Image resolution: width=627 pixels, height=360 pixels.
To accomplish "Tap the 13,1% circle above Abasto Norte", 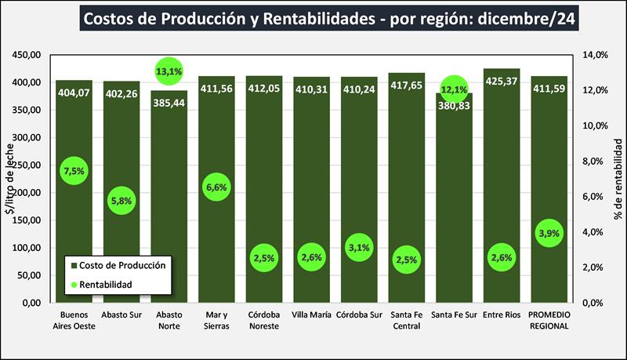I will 169,72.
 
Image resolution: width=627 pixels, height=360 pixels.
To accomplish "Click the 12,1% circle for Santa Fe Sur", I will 455,89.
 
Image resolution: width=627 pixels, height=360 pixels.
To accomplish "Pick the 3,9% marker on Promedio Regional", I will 549,234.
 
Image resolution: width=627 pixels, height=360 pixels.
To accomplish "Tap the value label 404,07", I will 74,92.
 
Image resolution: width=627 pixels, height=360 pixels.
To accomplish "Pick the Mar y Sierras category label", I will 216,322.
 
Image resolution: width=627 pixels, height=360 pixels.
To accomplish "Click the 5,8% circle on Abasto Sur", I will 122,201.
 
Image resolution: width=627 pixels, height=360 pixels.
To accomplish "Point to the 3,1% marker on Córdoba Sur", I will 359,249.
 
